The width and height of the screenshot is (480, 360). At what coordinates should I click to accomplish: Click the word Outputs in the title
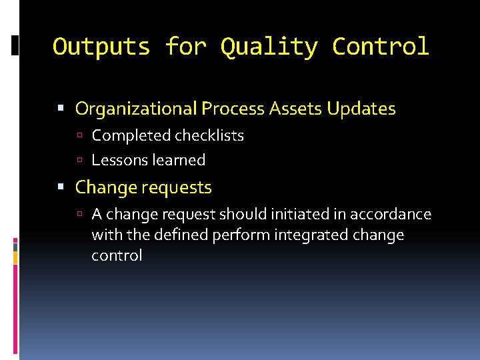coord(101,47)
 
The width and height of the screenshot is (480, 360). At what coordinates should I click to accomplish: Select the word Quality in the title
coord(269,47)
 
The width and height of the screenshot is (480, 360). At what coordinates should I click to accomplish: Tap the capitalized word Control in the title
coord(381,47)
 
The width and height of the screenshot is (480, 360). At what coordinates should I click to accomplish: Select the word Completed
coord(131,136)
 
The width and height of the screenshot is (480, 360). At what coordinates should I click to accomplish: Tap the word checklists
coord(209,136)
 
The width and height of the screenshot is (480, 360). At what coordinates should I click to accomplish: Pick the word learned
coord(179,160)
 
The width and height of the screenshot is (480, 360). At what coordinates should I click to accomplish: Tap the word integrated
coord(309,235)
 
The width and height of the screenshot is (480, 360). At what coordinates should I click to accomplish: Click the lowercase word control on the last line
coord(117,255)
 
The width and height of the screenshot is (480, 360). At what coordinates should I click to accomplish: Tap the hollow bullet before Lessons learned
coord(79,160)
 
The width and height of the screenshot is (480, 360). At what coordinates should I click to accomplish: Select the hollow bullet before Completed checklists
coord(79,136)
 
